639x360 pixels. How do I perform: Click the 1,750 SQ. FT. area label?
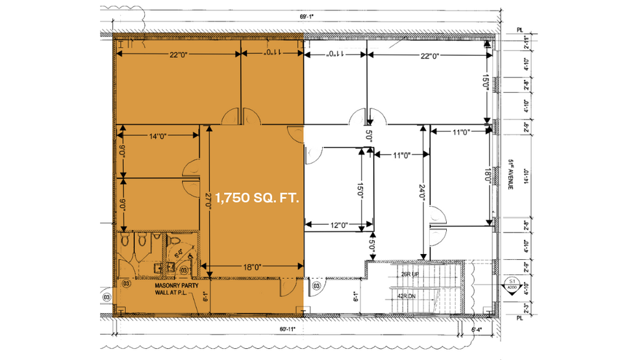257,199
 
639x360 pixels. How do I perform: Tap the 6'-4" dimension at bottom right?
477,330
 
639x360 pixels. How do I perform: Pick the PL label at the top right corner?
519,29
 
